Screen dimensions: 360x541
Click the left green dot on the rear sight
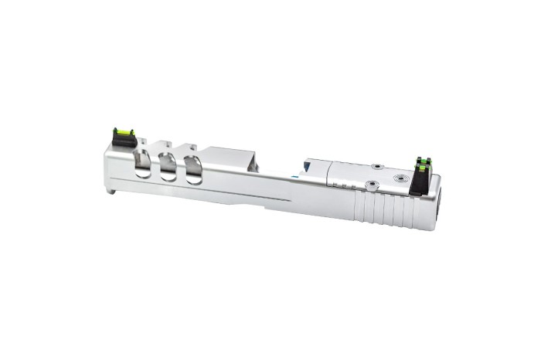click(x=417, y=161)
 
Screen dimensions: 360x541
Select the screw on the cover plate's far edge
click(x=376, y=166)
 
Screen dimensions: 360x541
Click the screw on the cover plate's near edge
click(x=369, y=184)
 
